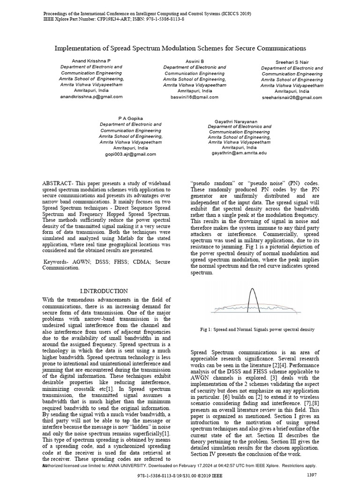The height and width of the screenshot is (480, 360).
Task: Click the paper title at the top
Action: [180, 48]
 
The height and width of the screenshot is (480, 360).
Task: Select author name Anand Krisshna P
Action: [91, 61]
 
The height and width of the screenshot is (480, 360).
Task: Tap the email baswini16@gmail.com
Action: [195, 97]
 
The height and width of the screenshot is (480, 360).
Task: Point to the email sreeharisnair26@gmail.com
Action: [292, 97]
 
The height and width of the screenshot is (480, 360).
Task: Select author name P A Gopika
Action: [130, 119]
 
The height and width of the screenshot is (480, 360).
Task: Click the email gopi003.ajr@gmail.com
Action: [130, 154]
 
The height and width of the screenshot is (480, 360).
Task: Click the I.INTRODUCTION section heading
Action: [104, 291]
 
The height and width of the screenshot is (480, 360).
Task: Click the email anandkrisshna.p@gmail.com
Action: [91, 97]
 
